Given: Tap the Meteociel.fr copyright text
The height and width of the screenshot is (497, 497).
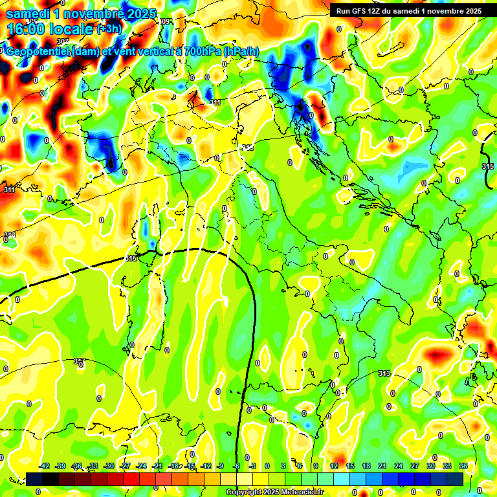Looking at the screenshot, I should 274,492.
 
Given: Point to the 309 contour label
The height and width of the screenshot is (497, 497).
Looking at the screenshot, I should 166,22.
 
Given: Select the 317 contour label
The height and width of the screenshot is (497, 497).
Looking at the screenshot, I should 80,361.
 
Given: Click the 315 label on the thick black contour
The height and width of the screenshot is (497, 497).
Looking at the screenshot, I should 131,258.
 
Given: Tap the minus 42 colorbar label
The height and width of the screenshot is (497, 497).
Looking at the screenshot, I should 45,466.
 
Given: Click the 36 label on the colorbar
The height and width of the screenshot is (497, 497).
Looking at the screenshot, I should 463,466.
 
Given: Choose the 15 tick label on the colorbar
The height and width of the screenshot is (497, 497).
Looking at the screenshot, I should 350,466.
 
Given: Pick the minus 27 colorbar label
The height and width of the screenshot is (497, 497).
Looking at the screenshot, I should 125,466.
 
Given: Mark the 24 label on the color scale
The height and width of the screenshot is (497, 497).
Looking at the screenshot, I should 399,466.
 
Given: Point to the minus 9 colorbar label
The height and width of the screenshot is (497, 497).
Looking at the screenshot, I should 221,466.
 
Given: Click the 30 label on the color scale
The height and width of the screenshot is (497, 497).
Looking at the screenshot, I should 430,466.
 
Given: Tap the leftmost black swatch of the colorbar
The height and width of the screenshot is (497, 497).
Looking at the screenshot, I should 34,479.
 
